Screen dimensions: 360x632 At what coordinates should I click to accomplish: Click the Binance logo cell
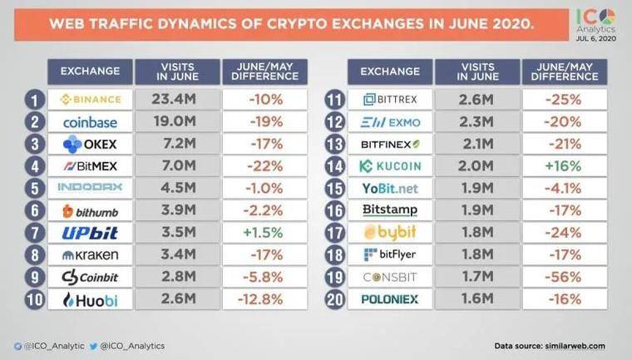[91, 100]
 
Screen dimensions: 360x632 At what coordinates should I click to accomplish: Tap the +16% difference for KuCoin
[562, 165]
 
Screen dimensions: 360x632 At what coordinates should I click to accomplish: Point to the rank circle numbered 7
[34, 232]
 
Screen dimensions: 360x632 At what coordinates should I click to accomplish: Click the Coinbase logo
[91, 121]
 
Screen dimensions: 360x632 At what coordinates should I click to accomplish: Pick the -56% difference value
[562, 277]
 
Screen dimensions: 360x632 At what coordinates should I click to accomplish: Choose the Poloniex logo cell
[389, 299]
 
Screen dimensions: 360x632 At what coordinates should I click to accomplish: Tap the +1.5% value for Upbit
[264, 232]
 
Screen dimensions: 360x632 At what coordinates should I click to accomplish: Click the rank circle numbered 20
[334, 299]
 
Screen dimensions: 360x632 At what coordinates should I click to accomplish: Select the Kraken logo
[91, 254]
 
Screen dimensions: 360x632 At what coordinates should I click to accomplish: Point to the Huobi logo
[91, 299]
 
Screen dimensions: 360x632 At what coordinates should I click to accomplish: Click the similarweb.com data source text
[550, 346]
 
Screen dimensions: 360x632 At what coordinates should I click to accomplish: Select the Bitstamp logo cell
[389, 210]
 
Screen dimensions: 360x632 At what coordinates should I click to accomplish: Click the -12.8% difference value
[264, 299]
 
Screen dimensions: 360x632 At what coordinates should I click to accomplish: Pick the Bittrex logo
[389, 100]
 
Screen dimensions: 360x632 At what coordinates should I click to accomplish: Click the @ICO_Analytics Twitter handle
[131, 346]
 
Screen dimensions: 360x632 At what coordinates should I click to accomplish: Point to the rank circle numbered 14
[334, 165]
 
